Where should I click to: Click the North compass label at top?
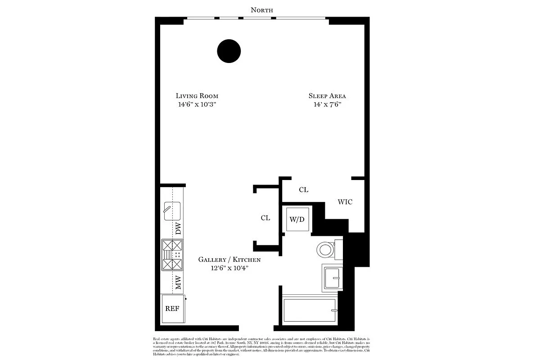point(262,10)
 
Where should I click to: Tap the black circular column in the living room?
point(229,51)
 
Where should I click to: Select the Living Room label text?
point(197,96)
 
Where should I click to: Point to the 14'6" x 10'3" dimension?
point(197,104)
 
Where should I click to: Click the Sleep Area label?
point(327,96)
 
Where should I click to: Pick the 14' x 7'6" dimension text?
point(327,104)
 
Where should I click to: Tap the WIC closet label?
point(345,202)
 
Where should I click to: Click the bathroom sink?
point(332,278)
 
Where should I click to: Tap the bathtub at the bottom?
point(310,310)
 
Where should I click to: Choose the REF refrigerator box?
point(172,309)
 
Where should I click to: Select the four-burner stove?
point(172,255)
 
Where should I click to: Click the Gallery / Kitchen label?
point(229,260)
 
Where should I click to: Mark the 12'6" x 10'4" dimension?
point(229,268)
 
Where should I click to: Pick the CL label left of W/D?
point(265,218)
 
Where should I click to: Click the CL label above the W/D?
point(304,190)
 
